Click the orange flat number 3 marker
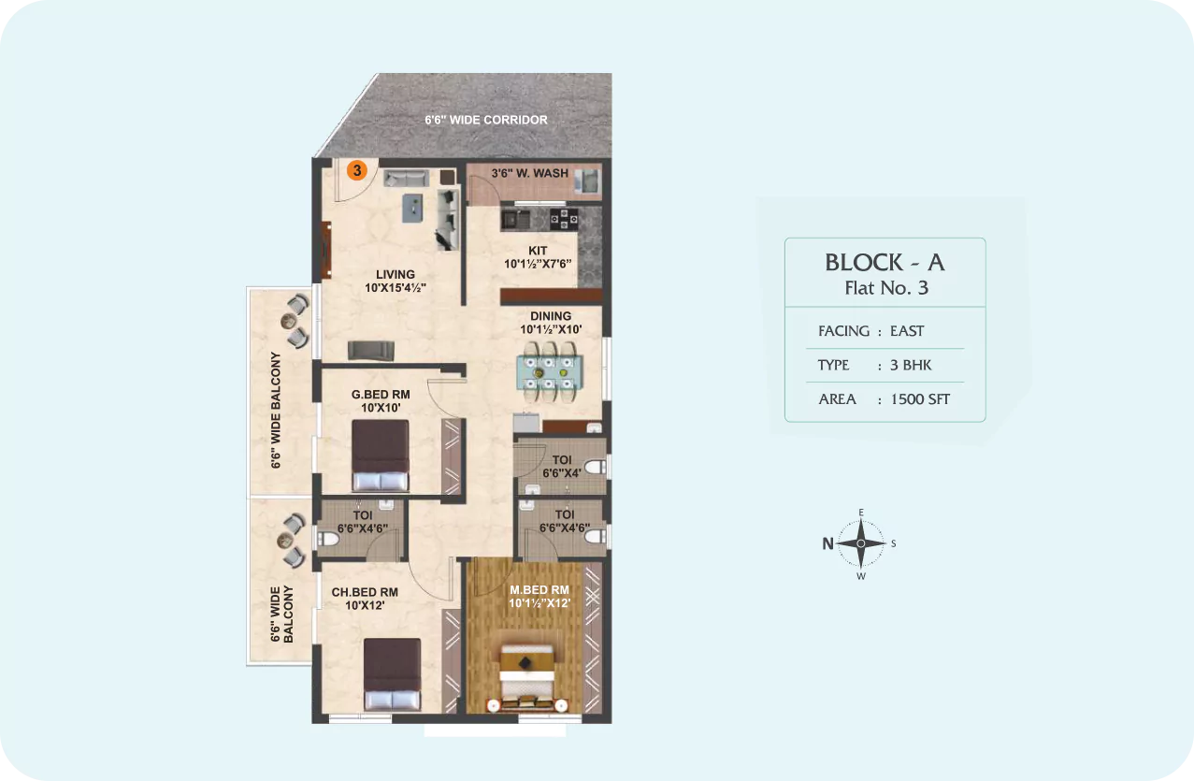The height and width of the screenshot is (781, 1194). (x=357, y=170)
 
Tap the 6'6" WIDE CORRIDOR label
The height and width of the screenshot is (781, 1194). (x=486, y=120)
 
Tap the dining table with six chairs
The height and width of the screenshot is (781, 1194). (x=550, y=371)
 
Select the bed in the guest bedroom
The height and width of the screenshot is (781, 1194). (x=381, y=456)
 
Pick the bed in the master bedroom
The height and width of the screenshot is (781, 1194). (x=527, y=678)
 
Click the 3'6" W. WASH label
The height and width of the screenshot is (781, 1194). (x=530, y=173)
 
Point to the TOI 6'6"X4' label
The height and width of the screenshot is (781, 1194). (x=562, y=467)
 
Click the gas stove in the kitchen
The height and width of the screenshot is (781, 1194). (x=564, y=219)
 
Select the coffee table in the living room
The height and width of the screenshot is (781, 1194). (x=412, y=208)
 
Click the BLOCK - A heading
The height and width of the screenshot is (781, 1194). (x=885, y=262)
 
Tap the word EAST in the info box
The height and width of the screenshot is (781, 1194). (x=907, y=331)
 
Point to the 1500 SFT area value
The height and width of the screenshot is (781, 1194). (x=920, y=399)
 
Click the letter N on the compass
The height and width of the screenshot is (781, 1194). (x=827, y=543)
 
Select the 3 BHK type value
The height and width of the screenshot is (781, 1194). (x=911, y=365)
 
